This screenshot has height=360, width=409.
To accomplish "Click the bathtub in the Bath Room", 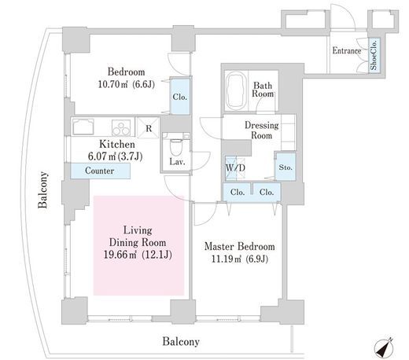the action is tap(236, 91).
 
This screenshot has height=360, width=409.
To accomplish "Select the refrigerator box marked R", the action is tap(149, 127).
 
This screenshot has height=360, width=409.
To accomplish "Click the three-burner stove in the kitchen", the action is tap(121, 127).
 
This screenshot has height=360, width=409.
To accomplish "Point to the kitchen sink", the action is tap(83, 127).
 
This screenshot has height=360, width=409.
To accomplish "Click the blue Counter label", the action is tap(100, 171).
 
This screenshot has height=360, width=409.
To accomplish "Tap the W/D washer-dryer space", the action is tap(235, 168).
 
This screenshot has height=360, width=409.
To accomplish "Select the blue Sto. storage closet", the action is tap(286, 167).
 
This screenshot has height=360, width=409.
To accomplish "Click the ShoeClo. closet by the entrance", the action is tap(374, 54).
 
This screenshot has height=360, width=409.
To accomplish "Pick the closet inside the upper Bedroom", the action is tap(180, 97).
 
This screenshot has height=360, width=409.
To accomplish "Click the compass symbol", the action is tap(384, 348).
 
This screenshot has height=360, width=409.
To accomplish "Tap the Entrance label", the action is tap(347, 50).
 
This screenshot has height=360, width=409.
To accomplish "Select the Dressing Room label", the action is tap(262, 130).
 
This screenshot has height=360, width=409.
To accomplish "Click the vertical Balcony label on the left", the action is tap(43, 190).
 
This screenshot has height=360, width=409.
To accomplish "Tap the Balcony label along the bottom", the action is tap(181, 342).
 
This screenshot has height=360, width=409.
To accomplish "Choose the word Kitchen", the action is tap(117, 144).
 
